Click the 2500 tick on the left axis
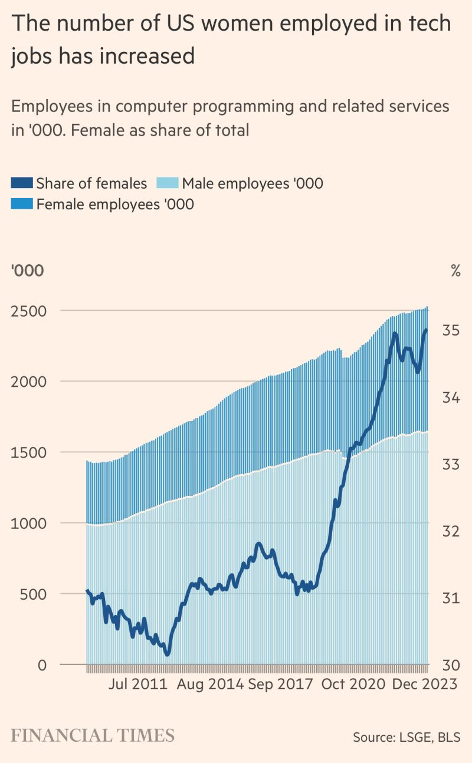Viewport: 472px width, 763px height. click(28, 311)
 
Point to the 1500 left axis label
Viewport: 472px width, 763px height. click(28, 452)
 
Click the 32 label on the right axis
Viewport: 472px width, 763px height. click(451, 531)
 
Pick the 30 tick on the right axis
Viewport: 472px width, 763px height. click(451, 665)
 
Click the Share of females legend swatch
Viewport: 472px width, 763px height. click(22, 183)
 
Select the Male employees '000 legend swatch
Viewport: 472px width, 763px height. click(168, 183)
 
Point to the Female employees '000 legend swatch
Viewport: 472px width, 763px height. click(22, 204)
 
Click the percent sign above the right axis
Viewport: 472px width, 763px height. click(455, 271)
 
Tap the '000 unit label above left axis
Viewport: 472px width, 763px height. click(27, 271)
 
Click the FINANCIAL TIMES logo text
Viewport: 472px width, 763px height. click(93, 736)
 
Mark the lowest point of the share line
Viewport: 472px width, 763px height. click(167, 653)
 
